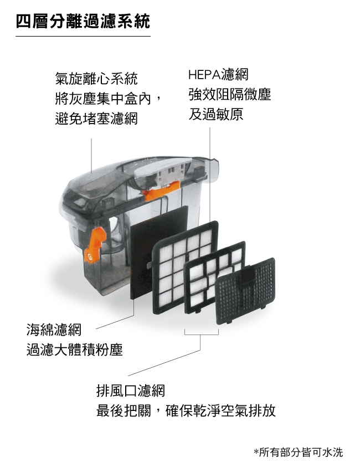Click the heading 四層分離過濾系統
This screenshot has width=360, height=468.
[x=83, y=22]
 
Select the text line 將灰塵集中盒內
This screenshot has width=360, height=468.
[x=105, y=99]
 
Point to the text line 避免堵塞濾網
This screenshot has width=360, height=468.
[x=97, y=119]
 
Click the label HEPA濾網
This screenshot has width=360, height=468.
[x=218, y=74]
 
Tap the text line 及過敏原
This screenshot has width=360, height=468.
[x=215, y=115]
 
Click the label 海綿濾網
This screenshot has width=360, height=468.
[x=54, y=330]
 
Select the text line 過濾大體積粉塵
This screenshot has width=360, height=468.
[x=74, y=350]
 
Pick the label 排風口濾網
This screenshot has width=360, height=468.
[x=131, y=391]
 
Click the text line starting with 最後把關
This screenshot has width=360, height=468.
[x=187, y=411]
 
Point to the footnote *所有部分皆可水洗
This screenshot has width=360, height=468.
[x=298, y=452]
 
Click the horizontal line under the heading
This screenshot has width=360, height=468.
[x=83, y=37]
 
